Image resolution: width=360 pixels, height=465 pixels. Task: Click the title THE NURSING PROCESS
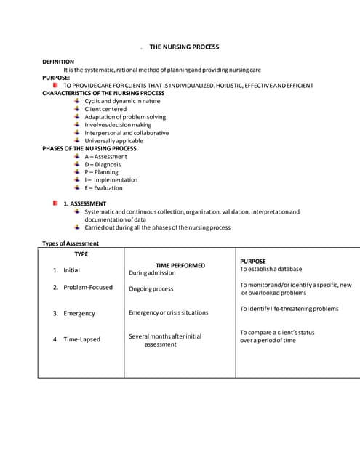coord(184,46)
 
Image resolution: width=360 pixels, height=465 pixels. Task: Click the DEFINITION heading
coord(58,62)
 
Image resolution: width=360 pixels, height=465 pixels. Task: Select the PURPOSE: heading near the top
coord(56,78)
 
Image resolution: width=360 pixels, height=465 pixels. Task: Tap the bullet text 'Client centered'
coord(105,109)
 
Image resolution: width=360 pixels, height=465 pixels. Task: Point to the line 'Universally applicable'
coord(113,141)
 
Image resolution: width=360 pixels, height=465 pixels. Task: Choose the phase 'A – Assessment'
coord(105,156)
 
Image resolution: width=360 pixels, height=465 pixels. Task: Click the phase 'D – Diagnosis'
coord(103,164)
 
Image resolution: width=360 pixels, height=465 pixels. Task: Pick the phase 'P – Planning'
coord(101,172)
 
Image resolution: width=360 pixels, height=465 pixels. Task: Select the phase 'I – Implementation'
coord(111,180)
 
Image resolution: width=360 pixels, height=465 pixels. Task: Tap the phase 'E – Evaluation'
coord(103,188)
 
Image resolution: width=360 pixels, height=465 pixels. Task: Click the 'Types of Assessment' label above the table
coord(71,243)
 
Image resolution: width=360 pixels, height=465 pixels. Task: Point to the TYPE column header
coord(81,254)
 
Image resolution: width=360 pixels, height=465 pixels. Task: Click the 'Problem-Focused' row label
coord(88,288)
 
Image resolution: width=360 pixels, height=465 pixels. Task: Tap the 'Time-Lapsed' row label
coord(81,339)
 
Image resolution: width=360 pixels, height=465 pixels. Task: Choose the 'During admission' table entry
coord(152,273)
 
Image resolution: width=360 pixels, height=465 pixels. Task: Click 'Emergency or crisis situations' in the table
coord(168,313)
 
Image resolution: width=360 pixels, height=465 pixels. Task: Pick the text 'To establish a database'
coord(271,269)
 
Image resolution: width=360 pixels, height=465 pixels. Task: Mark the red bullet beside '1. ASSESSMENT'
coord(55,203)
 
